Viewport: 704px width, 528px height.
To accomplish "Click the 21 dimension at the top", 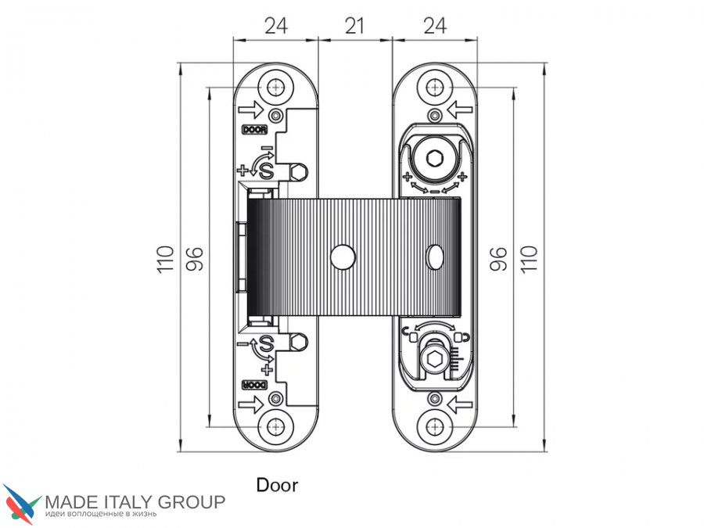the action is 354,26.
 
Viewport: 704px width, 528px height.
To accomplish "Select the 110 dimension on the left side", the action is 165,259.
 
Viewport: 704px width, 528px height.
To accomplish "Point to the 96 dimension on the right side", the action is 498,259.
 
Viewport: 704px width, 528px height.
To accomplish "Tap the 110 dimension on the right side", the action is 529,259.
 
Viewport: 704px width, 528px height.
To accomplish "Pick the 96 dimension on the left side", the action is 195,259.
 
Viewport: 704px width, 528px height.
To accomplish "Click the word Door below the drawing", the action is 277,485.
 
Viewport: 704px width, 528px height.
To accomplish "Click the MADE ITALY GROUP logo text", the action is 135,502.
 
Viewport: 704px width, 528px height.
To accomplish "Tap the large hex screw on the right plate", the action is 435,159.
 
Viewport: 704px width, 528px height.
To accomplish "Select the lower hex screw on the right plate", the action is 434,359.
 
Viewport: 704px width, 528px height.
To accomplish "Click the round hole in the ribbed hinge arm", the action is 343,257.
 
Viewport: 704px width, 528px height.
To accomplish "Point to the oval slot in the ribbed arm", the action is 434,257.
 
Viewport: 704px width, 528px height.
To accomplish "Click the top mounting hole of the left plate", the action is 275,87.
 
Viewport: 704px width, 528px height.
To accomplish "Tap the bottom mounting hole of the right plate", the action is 434,427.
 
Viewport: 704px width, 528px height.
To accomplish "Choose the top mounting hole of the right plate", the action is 434,87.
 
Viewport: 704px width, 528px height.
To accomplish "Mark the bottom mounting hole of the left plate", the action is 275,427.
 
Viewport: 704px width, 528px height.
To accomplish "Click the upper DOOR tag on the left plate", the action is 254,130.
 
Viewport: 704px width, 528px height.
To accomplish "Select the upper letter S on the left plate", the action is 266,171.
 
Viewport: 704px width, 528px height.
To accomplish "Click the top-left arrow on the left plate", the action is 250,110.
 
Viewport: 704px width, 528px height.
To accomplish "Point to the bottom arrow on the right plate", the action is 460,404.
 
